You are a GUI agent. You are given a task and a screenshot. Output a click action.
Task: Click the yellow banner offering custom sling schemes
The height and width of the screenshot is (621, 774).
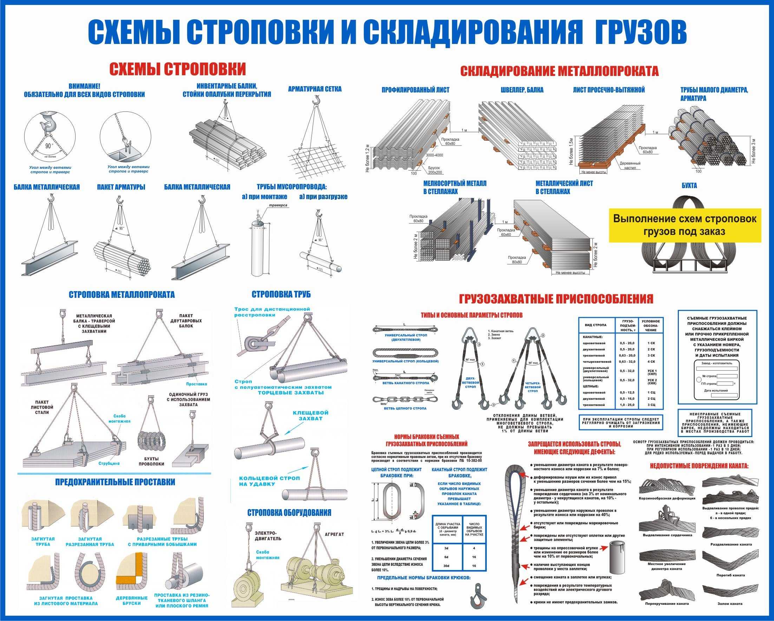[684, 225]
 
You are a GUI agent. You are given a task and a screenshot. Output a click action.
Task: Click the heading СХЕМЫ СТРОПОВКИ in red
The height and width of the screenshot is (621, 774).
[177, 69]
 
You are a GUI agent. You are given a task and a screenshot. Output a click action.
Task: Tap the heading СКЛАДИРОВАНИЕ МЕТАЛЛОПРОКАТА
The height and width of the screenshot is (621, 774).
[559, 71]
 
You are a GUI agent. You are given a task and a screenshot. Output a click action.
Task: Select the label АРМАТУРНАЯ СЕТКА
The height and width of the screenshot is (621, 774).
[315, 89]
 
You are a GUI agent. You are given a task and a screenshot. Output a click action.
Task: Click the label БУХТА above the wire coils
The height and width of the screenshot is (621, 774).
[689, 186]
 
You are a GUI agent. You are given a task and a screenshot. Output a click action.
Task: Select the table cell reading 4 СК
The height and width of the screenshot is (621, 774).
[651, 361]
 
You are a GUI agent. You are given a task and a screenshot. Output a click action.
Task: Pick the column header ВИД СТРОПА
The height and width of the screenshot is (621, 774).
[596, 325]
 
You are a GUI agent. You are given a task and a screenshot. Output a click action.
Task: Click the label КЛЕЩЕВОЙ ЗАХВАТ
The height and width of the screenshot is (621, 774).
[310, 415]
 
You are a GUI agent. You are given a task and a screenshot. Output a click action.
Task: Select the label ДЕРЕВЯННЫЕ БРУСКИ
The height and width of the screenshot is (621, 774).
[132, 601]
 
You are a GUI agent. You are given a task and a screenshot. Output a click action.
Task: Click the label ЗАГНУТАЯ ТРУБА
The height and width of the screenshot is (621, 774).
[43, 542]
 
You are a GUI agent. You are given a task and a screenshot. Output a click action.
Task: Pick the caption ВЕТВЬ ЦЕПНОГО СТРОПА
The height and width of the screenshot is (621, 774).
[405, 409]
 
